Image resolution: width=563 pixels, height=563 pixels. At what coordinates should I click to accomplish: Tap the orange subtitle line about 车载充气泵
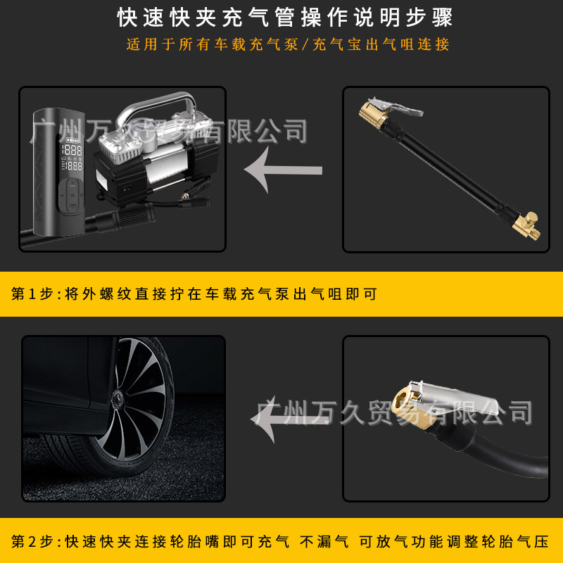[287, 44]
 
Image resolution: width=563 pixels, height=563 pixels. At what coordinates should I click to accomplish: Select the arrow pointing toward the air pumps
[282, 170]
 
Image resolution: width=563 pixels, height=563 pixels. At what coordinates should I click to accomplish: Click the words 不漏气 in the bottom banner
[324, 542]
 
